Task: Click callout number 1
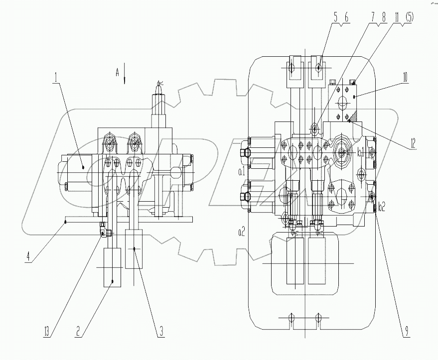point(56,78)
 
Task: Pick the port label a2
point(241,232)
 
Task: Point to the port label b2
point(382,205)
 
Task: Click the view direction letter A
point(118,73)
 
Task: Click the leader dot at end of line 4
point(65,224)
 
